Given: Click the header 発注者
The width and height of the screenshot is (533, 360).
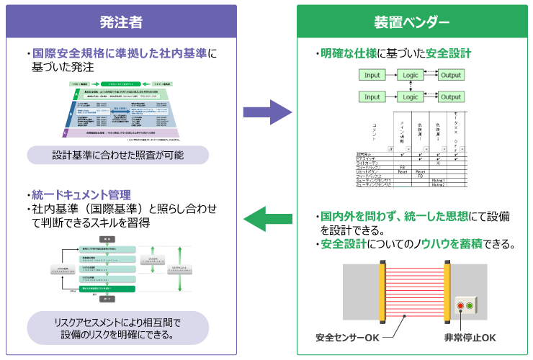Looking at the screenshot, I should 120,22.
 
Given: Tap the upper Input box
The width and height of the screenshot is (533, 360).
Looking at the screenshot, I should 372,75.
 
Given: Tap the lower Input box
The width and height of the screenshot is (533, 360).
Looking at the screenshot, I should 372,96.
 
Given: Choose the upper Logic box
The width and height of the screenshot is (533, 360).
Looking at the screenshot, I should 410,75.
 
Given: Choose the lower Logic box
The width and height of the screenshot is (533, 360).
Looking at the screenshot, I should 410,96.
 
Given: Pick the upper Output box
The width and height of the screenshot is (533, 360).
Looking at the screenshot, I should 451,75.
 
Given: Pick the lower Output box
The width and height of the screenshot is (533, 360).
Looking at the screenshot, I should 451,96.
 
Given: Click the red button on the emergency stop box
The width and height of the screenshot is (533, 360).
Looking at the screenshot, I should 461,305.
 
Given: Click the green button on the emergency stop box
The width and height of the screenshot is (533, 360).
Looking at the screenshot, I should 470,305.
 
